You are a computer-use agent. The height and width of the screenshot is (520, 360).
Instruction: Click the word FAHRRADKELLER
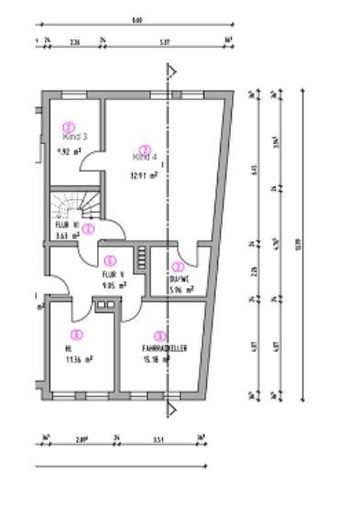pyautogui.click(x=158, y=349)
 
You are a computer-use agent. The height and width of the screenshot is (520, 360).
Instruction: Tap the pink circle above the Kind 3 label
pyautogui.click(x=68, y=126)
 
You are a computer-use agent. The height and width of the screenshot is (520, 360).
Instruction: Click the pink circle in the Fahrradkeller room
pyautogui.click(x=158, y=336)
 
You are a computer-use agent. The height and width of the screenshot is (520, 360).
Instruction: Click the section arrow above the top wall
pyautogui.click(x=170, y=71)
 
